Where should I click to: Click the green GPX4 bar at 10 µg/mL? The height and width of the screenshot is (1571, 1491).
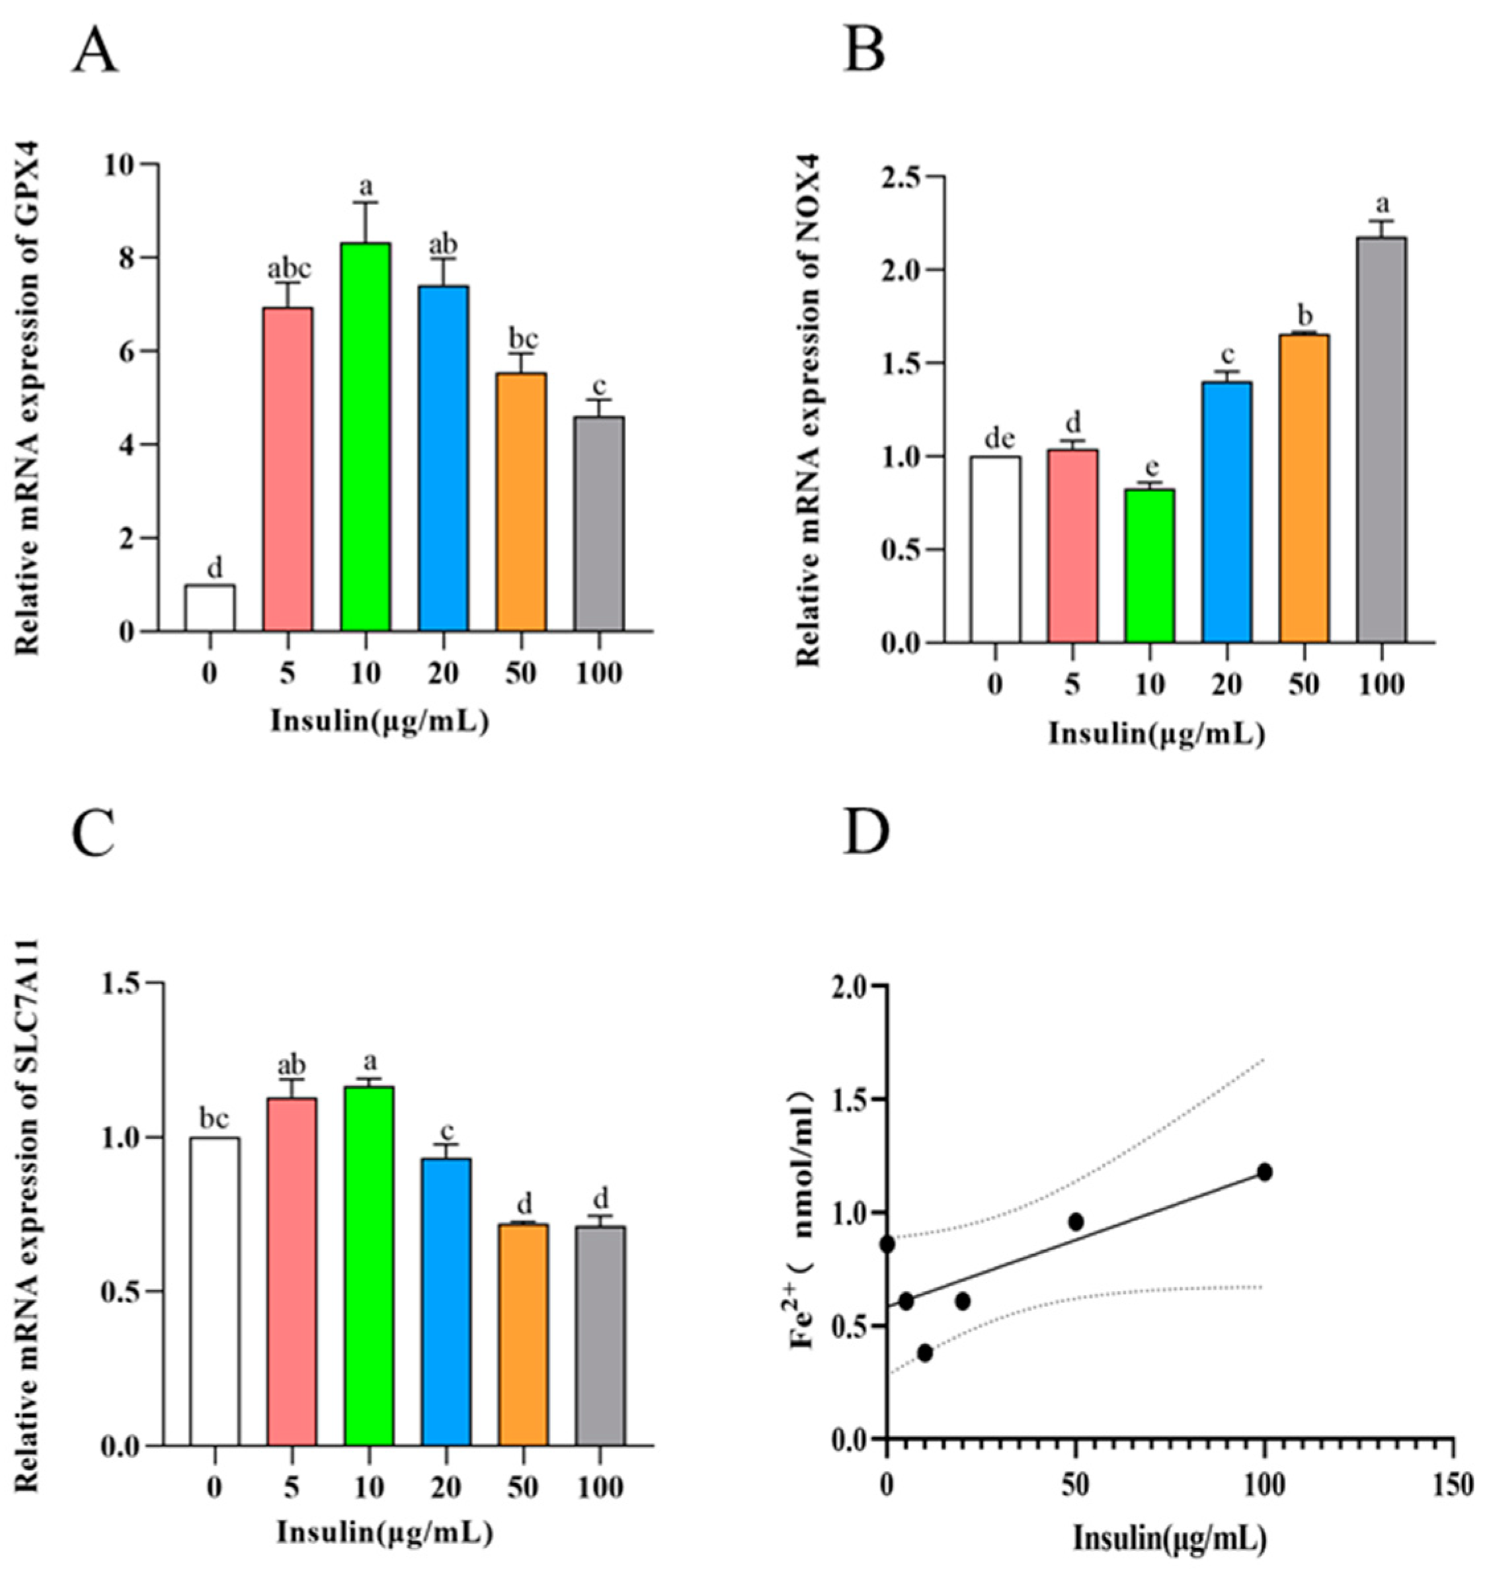[366, 437]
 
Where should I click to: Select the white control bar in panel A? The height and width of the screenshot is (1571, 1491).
[210, 608]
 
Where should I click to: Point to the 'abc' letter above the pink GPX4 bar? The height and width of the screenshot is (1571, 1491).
[288, 269]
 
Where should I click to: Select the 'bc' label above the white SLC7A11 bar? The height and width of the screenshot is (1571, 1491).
[214, 1119]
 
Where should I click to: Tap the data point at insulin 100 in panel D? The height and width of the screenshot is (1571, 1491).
[1264, 1172]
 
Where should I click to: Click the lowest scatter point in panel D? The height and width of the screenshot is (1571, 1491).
[924, 1352]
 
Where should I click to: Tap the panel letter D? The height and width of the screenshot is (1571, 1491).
[866, 831]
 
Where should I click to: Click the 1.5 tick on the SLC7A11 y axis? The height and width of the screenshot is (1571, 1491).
[122, 984]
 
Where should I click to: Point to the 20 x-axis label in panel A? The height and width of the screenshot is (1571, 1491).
[443, 674]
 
